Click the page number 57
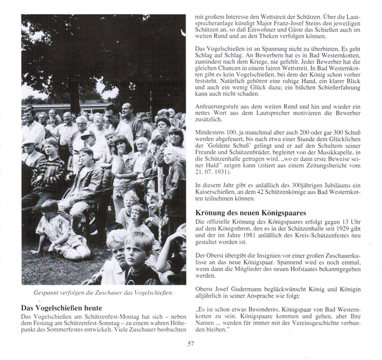(190, 343)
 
